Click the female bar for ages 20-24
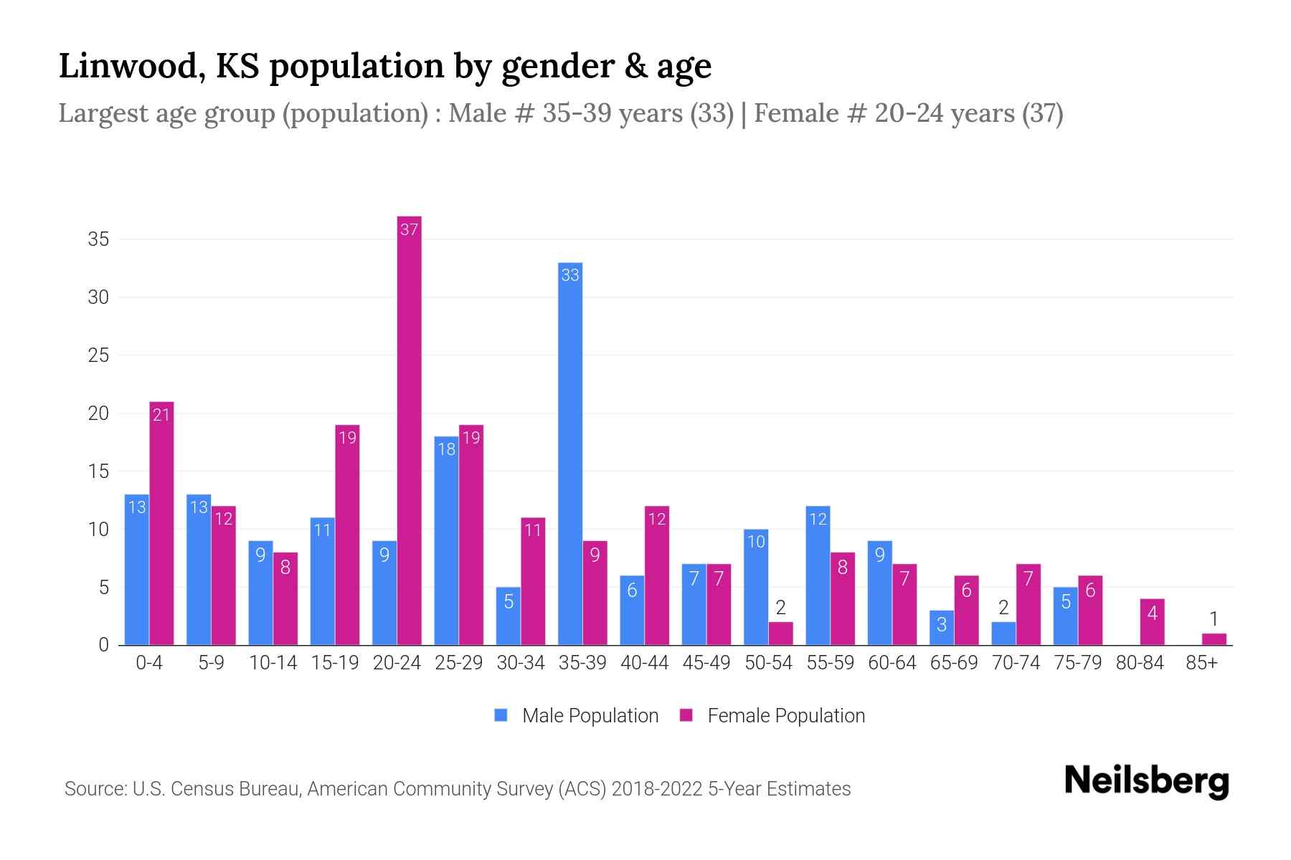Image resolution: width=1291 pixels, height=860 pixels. tap(409, 430)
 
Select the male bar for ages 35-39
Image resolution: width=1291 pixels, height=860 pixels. tap(570, 454)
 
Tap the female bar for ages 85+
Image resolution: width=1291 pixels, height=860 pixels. tap(1214, 639)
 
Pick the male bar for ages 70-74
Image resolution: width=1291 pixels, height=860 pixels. tap(1003, 634)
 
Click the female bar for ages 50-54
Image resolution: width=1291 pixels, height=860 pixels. tap(780, 634)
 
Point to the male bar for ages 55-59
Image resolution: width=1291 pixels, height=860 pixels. tap(818, 575)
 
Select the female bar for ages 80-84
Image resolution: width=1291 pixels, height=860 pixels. tap(1152, 622)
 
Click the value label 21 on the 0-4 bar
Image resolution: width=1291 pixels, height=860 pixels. tap(161, 414)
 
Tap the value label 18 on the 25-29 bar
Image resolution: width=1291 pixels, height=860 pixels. tap(446, 449)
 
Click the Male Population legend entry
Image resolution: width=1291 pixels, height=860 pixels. tap(577, 716)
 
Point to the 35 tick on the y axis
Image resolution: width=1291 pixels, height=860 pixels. tap(98, 239)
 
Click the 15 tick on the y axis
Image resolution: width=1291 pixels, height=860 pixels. tap(98, 472)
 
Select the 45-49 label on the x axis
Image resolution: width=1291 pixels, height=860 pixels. tap(706, 663)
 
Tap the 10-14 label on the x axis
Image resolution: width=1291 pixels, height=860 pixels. tap(273, 663)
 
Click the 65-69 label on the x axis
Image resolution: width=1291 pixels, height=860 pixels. tap(954, 663)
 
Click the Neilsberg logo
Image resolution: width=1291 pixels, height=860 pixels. tap(1146, 780)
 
